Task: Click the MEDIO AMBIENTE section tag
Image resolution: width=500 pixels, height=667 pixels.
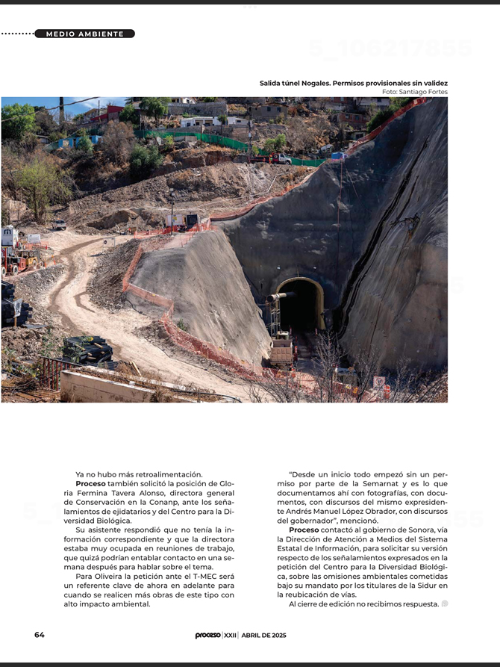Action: click(x=84, y=34)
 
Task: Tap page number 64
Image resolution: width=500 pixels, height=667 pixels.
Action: click(x=40, y=635)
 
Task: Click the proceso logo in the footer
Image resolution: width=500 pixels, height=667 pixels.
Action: click(x=207, y=635)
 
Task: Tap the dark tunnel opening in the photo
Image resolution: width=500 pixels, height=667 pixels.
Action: click(x=300, y=307)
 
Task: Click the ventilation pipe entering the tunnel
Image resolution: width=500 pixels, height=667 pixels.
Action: click(x=281, y=297)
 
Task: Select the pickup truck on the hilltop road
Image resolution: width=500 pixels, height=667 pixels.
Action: click(x=277, y=158)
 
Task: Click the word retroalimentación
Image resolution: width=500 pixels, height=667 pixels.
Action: click(x=170, y=474)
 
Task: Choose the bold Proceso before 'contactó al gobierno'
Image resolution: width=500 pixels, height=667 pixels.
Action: click(x=304, y=530)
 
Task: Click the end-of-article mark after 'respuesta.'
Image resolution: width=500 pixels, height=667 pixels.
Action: click(x=445, y=604)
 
